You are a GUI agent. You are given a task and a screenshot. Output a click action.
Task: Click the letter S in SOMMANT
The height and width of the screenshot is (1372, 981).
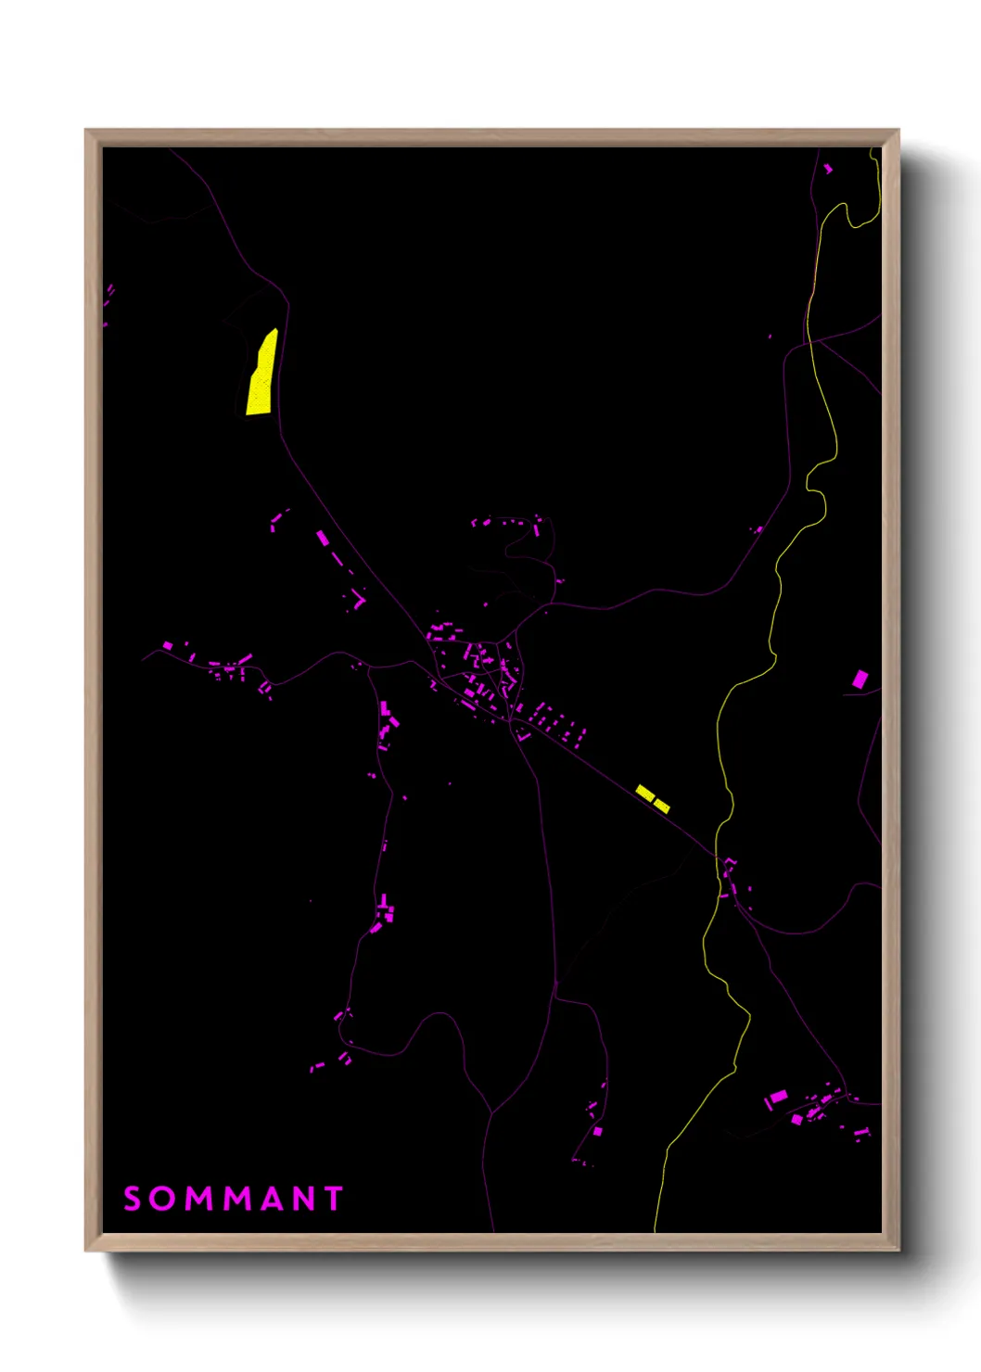133,1199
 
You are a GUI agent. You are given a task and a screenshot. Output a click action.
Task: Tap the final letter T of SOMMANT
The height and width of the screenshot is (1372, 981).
334,1199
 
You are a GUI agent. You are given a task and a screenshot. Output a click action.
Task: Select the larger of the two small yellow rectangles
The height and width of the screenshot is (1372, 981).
645,793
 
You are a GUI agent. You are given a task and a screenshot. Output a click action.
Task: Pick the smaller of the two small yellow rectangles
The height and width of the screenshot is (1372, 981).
662,806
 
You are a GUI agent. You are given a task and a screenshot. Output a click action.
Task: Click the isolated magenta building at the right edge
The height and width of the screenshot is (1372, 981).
860,680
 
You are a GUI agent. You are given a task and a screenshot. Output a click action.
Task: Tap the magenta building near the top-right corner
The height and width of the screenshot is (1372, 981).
828,169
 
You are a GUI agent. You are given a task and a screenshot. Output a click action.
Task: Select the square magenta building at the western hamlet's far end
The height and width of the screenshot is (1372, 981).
168,645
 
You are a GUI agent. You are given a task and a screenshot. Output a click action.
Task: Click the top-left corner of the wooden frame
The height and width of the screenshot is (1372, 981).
86,131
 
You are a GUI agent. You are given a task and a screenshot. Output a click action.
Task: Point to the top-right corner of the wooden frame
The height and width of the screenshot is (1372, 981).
898,131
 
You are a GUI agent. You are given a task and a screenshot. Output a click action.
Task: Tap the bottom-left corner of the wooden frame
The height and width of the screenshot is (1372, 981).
86,1250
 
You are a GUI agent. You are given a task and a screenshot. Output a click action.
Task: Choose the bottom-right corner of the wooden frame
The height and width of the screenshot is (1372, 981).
898,1250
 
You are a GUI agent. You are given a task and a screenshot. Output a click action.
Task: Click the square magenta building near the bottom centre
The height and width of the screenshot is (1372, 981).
598,1131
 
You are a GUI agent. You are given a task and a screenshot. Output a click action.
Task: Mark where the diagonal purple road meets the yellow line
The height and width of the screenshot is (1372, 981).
717,855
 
